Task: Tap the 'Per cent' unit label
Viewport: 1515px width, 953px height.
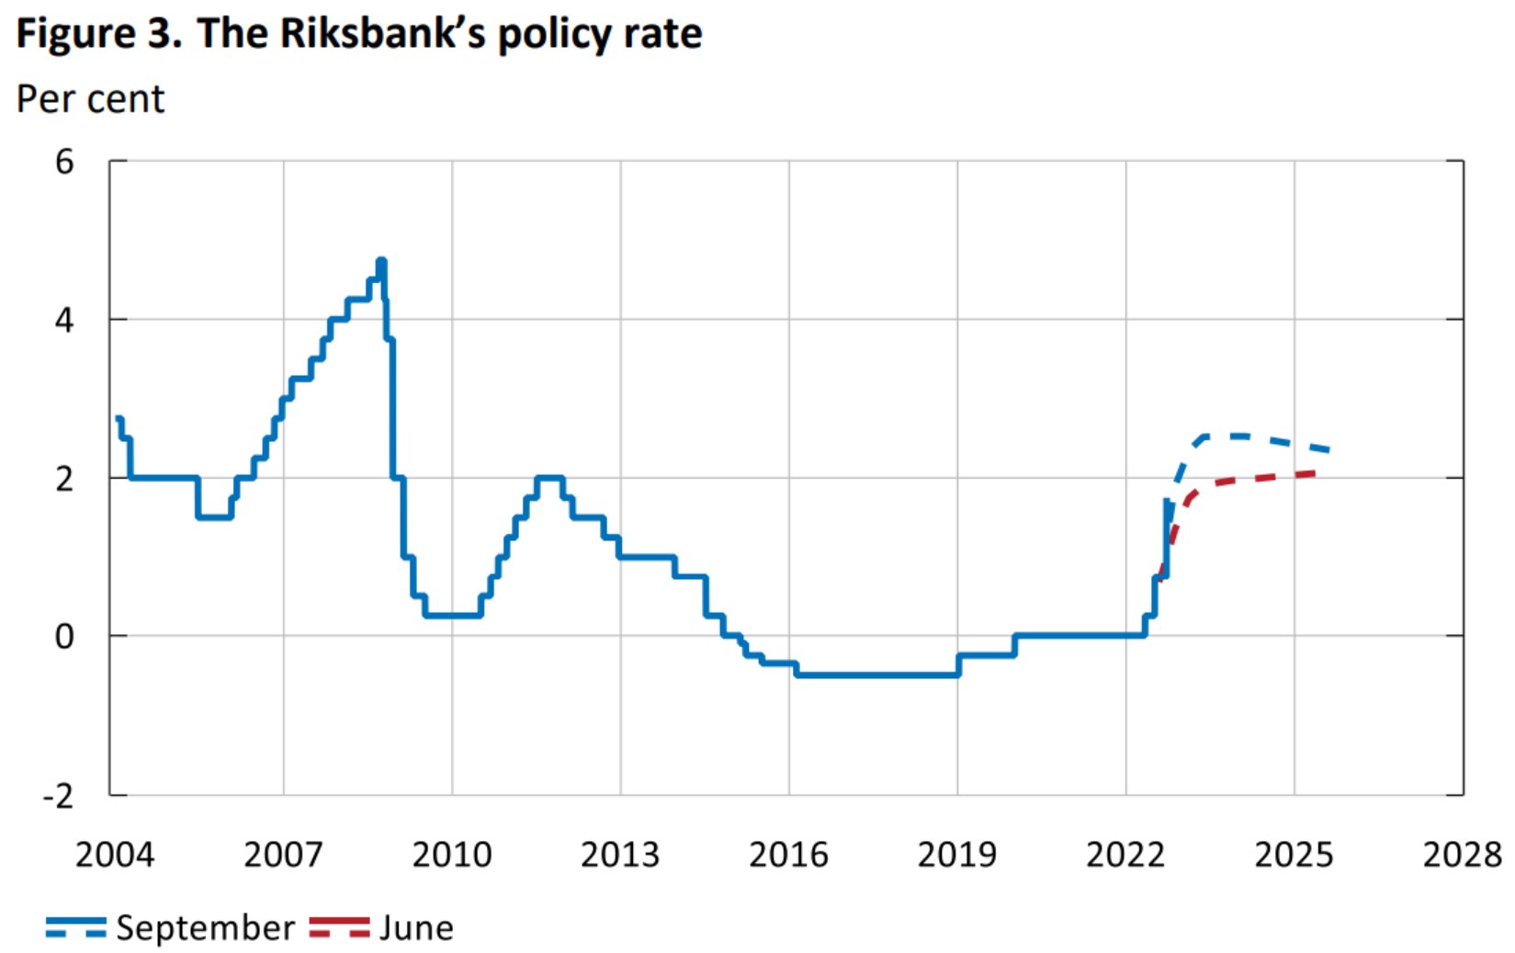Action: pos(90,99)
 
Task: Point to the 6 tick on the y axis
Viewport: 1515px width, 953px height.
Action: pos(64,162)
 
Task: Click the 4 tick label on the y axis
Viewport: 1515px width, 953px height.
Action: pos(64,320)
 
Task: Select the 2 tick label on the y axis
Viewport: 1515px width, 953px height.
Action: pos(64,479)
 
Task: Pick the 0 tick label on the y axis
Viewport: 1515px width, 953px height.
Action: pos(64,636)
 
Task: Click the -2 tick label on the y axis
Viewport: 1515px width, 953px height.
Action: pos(58,796)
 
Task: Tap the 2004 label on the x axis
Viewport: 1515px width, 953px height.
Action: pos(114,855)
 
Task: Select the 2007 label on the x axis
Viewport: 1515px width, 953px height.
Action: pos(283,855)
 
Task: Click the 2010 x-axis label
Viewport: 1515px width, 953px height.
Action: pos(451,855)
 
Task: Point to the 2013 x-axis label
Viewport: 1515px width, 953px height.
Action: pos(620,855)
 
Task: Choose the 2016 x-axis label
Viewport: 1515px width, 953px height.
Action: pos(788,855)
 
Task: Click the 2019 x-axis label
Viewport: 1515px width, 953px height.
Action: pos(957,855)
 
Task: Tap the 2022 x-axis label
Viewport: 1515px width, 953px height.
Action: pos(1125,855)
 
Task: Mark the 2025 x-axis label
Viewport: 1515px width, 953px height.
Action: pos(1294,855)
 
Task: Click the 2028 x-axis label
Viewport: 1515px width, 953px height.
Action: pos(1462,855)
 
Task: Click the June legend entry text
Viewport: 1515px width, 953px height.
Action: pos(416,928)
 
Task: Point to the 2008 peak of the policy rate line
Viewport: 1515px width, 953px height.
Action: pos(381,262)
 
